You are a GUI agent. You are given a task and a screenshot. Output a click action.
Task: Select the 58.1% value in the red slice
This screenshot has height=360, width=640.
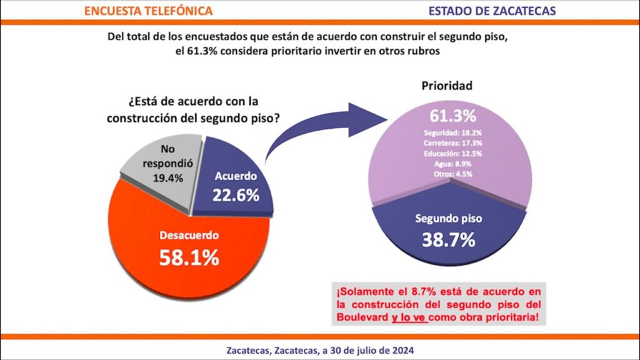[188, 257]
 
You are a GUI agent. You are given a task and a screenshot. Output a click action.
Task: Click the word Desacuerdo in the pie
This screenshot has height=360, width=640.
[188, 236]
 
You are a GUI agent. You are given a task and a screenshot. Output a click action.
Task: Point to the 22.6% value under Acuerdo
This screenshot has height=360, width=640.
[236, 195]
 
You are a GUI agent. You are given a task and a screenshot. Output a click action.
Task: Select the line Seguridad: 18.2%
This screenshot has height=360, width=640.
[452, 133]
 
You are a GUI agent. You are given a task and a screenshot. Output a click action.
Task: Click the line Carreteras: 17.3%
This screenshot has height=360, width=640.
[452, 143]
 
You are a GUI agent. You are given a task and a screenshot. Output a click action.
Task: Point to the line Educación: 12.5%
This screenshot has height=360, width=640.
[452, 153]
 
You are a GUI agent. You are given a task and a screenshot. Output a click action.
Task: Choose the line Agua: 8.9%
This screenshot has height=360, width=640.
[452, 163]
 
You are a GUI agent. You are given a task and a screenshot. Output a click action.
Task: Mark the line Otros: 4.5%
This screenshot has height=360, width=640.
[452, 173]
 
